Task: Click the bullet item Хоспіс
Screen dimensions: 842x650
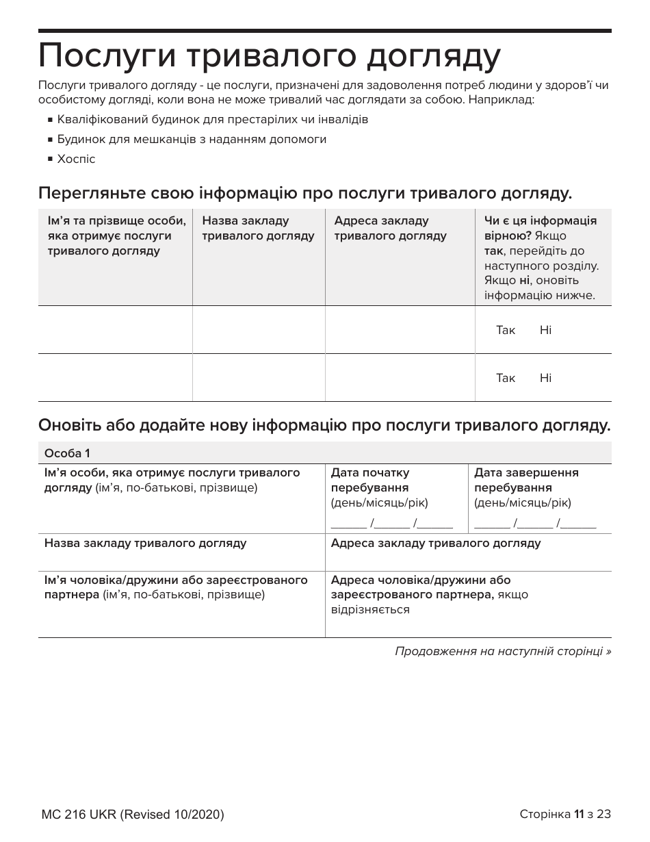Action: point(76,159)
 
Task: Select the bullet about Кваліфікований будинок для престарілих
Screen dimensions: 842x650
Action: point(212,119)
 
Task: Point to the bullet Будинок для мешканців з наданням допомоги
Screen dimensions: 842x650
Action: point(192,139)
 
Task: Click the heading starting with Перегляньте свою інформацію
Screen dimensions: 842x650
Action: point(305,193)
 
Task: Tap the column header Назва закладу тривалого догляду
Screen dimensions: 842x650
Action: point(258,228)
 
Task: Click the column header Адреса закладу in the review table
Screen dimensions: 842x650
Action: point(390,228)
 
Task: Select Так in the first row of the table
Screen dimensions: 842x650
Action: point(506,330)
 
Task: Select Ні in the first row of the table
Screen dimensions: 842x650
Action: point(545,330)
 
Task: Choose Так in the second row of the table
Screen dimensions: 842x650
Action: point(506,378)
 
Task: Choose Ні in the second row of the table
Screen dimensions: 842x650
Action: point(545,378)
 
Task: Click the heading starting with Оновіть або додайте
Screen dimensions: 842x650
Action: point(324,425)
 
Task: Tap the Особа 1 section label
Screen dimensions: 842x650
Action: point(67,453)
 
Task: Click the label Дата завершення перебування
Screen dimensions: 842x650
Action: point(526,480)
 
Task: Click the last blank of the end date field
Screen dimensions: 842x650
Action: point(580,524)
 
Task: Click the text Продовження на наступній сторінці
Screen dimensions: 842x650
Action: point(503,651)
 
